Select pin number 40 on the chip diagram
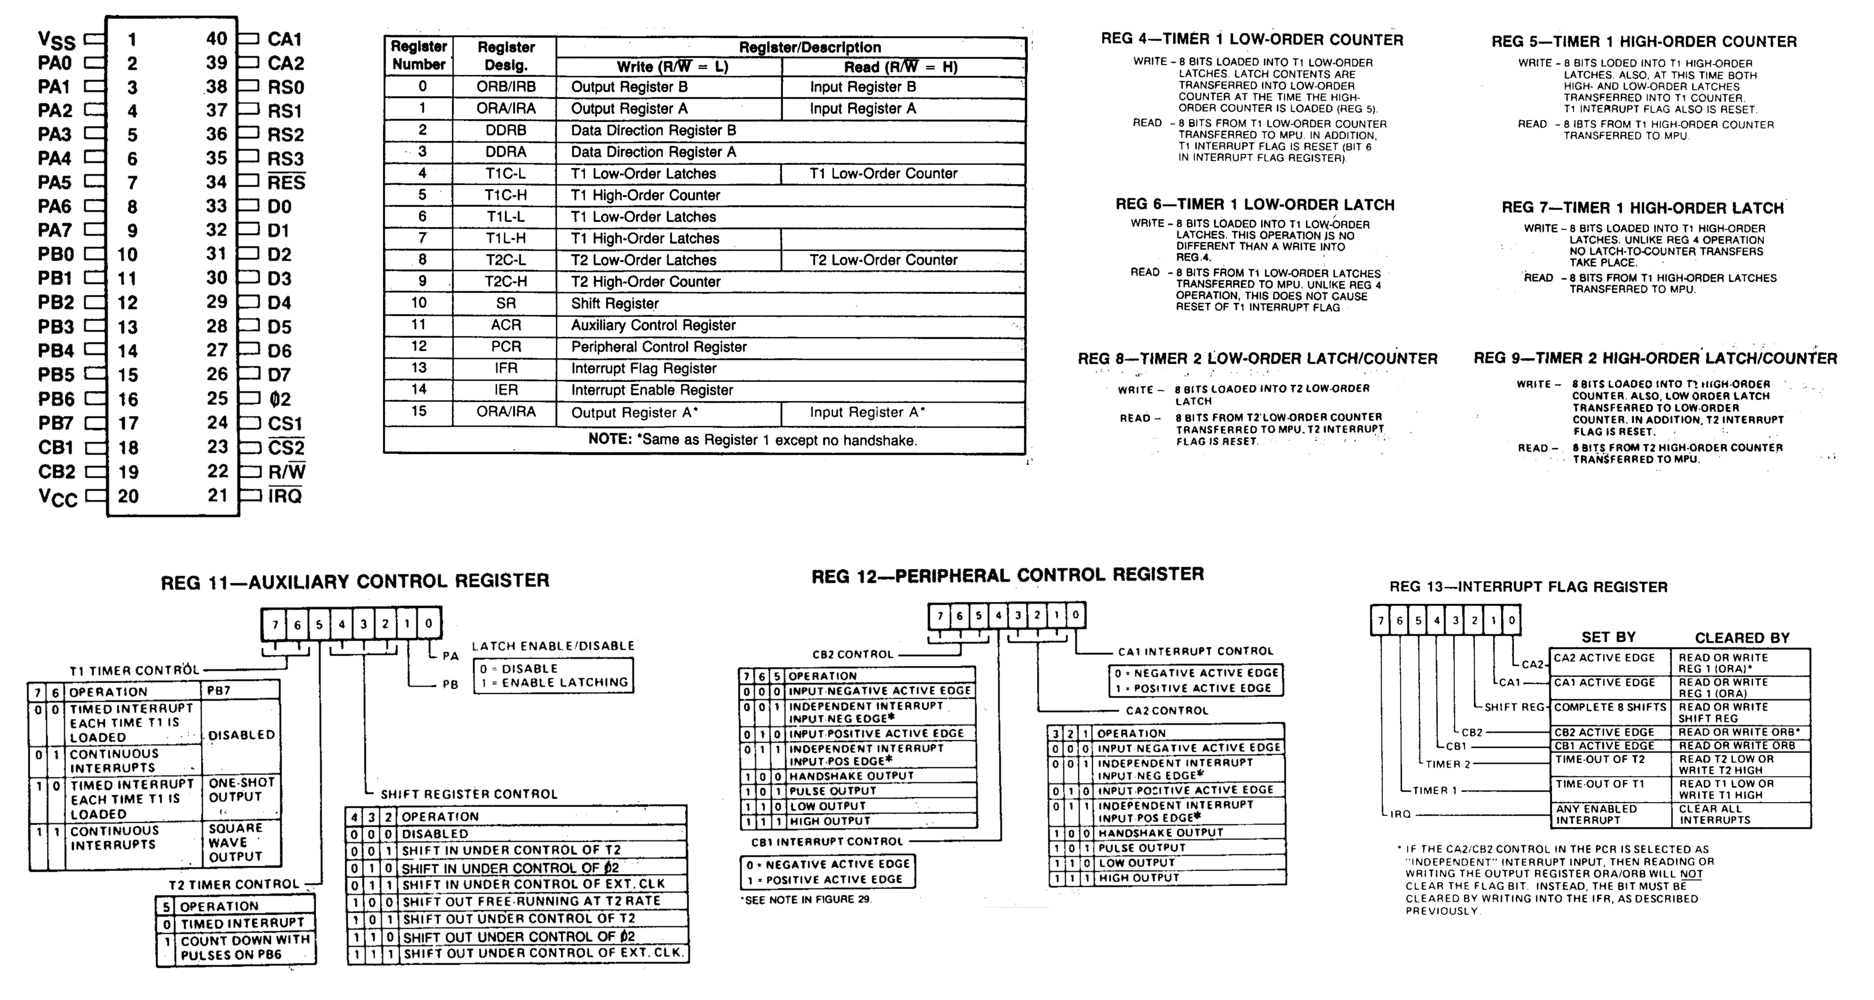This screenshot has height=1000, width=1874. [x=217, y=39]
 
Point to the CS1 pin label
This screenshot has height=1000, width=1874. [x=285, y=423]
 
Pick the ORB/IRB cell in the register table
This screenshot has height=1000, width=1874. [x=507, y=86]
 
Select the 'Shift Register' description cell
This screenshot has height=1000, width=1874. [x=615, y=304]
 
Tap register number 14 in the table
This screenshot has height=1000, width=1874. [x=419, y=389]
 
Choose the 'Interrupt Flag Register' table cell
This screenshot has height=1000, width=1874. [x=643, y=368]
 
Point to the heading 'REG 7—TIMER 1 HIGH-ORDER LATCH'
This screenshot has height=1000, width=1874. [x=1643, y=208]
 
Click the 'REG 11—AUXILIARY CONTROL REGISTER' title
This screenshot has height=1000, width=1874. [x=355, y=581]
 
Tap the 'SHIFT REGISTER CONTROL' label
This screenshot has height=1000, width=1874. [x=469, y=794]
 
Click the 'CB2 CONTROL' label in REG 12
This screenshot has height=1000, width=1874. [x=853, y=654]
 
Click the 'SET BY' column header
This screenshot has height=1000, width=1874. [x=1609, y=637]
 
